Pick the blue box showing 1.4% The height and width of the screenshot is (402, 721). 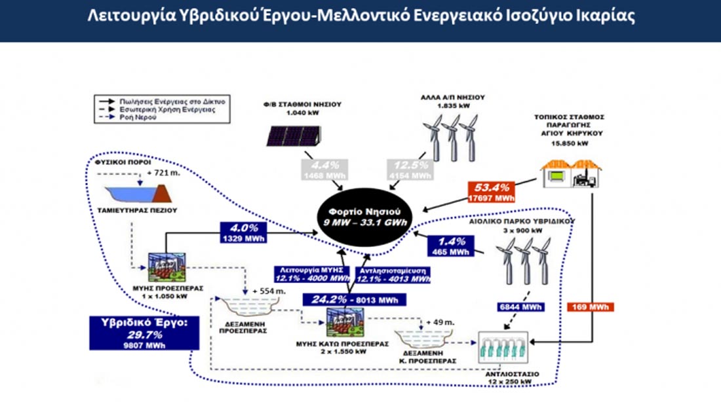click(450, 246)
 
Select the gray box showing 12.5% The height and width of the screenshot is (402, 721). click(410, 168)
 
